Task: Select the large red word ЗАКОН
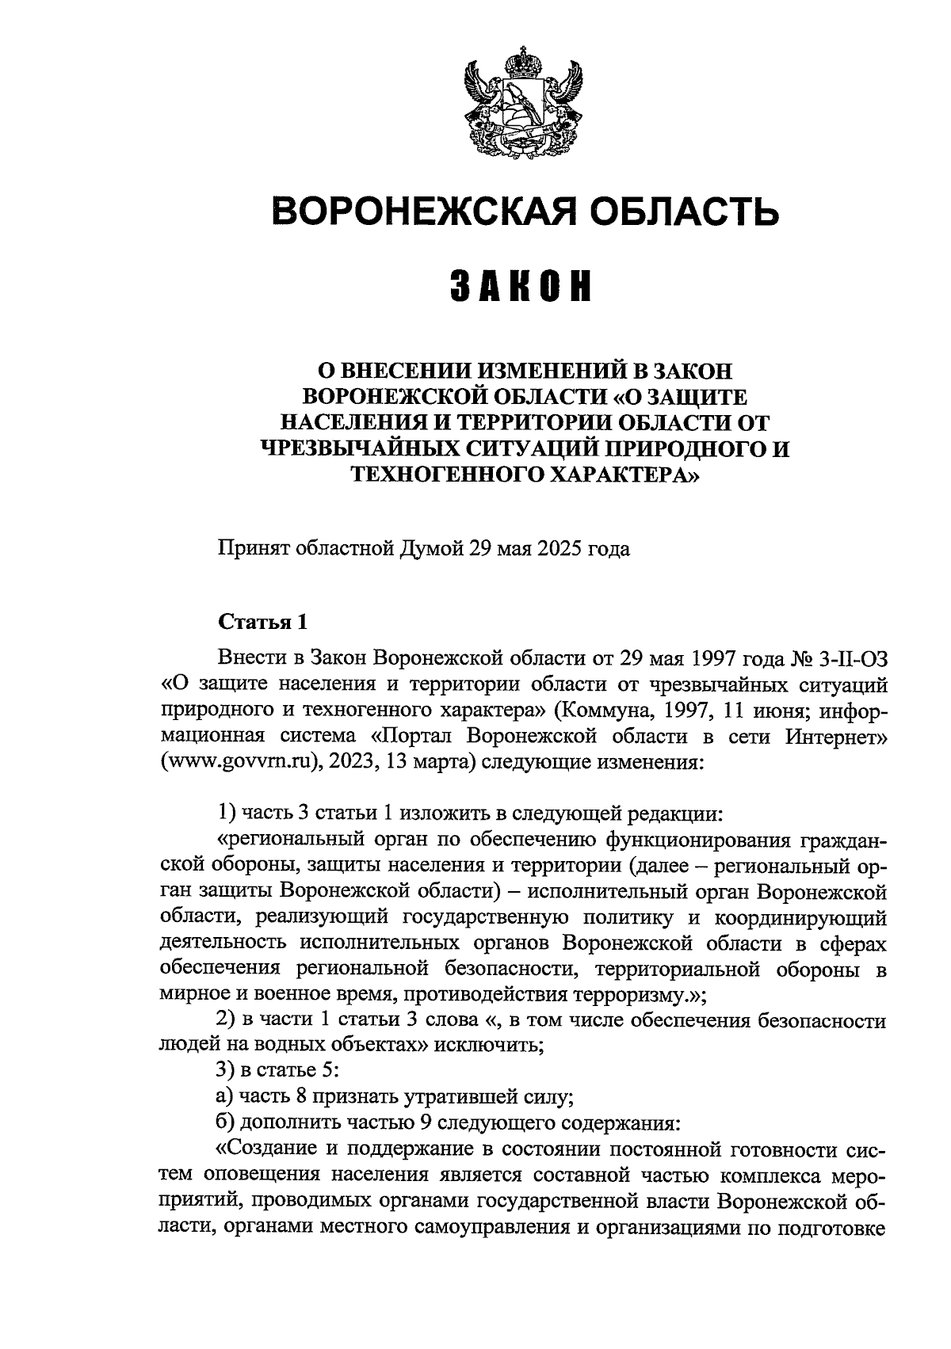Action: pos(523,286)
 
